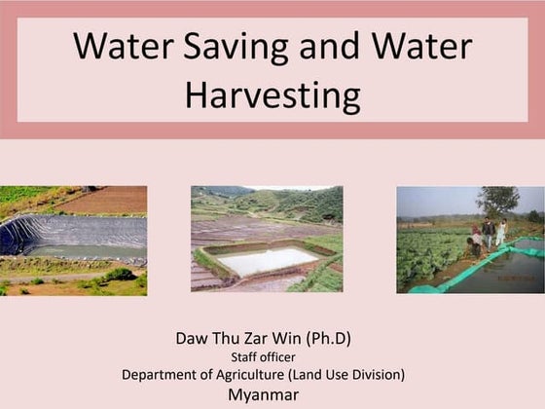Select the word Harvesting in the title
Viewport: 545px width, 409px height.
272,94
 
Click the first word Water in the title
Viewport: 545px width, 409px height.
118,47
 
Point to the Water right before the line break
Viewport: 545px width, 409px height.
426,47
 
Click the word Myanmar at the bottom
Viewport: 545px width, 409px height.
263,394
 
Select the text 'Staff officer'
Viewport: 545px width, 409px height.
263,357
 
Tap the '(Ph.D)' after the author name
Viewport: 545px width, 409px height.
326,339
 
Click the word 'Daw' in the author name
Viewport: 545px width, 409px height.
193,339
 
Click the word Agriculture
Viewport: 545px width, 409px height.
267,375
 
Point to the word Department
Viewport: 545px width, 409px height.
163,375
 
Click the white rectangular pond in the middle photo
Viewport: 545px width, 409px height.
265,260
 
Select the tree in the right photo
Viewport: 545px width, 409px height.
498,202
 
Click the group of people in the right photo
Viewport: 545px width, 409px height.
488,235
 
